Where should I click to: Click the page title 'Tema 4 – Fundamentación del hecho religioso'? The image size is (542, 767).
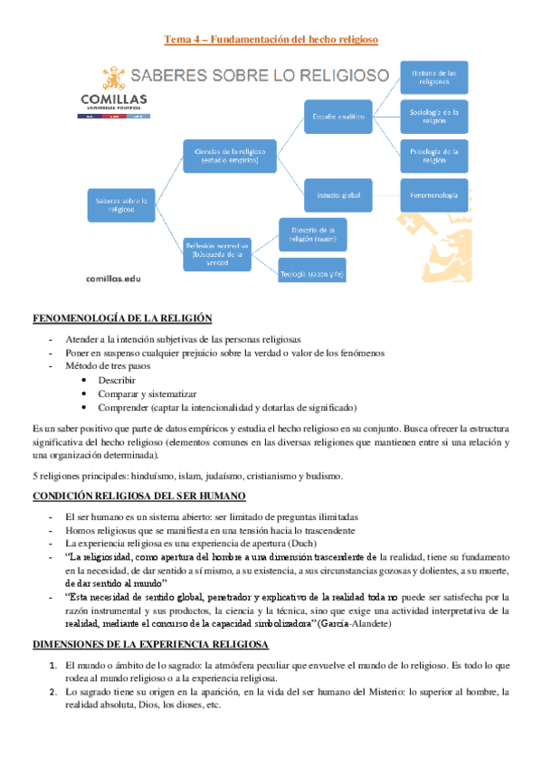(x=271, y=40)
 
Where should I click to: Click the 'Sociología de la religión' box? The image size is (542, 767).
(x=433, y=117)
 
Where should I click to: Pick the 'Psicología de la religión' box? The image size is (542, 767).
(x=433, y=156)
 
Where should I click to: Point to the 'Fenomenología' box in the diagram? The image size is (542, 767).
(x=433, y=195)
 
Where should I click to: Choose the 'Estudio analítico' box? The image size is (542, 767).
(x=338, y=116)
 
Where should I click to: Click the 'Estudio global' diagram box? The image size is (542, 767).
(x=338, y=194)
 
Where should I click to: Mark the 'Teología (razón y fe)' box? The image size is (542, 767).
(x=312, y=273)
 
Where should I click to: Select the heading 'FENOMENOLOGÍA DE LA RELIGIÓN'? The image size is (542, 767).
(x=122, y=317)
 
